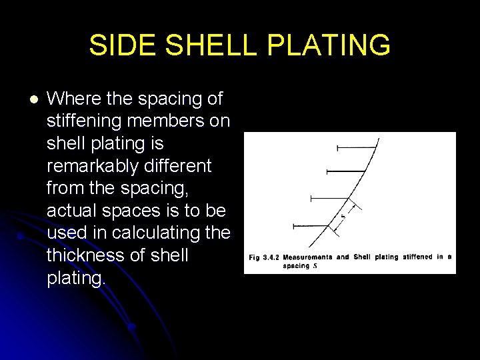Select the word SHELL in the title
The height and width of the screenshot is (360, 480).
[211, 46]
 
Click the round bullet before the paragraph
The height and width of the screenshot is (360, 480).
[34, 100]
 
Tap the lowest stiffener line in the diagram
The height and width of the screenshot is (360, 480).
[313, 227]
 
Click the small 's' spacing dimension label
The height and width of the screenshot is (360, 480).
[343, 216]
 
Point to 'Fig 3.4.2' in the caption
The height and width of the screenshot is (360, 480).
[264, 257]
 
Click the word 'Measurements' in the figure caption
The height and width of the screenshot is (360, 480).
[307, 257]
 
